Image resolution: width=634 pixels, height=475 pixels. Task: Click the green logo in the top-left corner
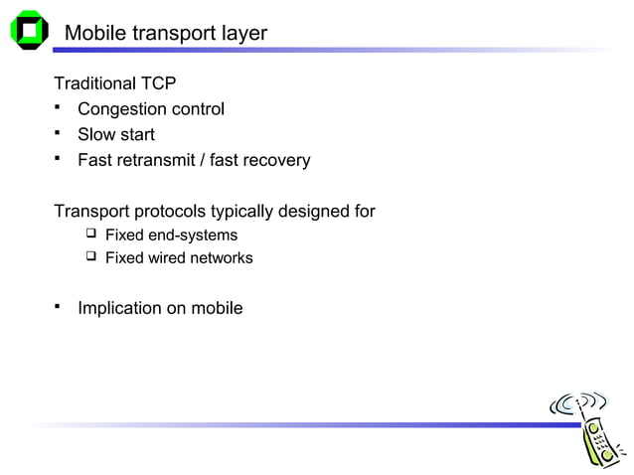29,30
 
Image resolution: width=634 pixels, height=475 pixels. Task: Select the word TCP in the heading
159,83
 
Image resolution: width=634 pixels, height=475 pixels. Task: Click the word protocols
169,212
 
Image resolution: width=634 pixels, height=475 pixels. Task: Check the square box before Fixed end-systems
90,235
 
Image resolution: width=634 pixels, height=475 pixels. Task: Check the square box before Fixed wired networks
90,257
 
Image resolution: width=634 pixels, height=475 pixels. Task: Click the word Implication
120,308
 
